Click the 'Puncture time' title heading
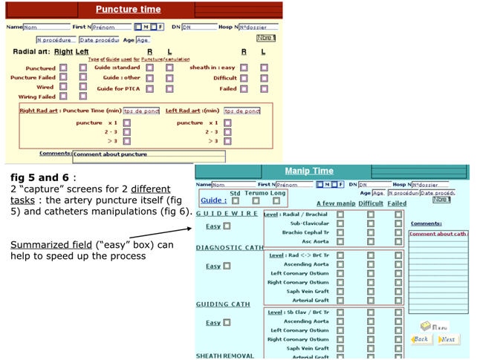click(x=128, y=10)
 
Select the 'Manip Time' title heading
click(x=309, y=171)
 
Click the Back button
click(x=421, y=339)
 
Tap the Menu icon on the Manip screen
click(x=434, y=325)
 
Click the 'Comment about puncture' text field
click(x=149, y=157)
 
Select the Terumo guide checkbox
click(x=256, y=200)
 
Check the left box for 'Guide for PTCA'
click(x=149, y=88)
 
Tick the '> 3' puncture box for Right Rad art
click(x=127, y=140)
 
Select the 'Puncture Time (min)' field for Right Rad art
click(x=141, y=111)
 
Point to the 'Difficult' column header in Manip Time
click(x=371, y=203)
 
